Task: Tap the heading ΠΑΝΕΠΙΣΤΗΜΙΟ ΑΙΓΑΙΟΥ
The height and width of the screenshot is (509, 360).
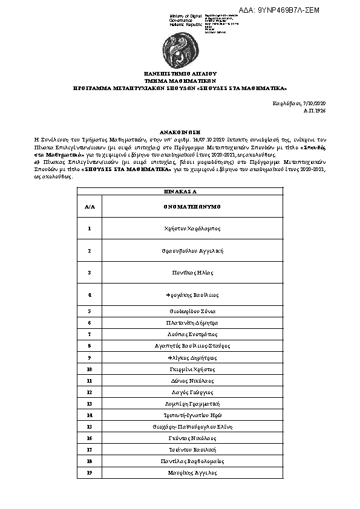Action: [x=180, y=72]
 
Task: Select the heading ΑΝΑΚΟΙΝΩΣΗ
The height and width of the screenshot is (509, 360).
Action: [x=180, y=131]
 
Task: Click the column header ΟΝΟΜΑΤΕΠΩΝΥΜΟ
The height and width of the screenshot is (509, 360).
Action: [x=192, y=206]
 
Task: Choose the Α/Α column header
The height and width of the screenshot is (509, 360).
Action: [x=90, y=206]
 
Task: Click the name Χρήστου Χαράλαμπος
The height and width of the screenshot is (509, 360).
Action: [x=192, y=229]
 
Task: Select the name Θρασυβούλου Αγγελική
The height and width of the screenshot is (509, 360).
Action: [x=192, y=250]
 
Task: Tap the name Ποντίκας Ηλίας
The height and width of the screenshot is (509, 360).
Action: [x=192, y=273]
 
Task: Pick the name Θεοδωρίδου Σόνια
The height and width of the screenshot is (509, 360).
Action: [x=192, y=311]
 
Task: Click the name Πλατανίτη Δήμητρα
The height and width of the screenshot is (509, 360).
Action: [x=192, y=322]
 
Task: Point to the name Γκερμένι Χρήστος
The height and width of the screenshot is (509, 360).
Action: [x=192, y=369]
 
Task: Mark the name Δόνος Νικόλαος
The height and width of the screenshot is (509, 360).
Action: [x=192, y=380]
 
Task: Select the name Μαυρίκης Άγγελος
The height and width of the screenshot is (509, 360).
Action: [x=192, y=472]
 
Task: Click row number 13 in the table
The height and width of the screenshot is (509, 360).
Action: [x=90, y=403]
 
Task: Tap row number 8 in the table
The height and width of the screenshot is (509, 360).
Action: [x=90, y=345]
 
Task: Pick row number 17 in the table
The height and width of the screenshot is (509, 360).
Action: [x=90, y=449]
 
